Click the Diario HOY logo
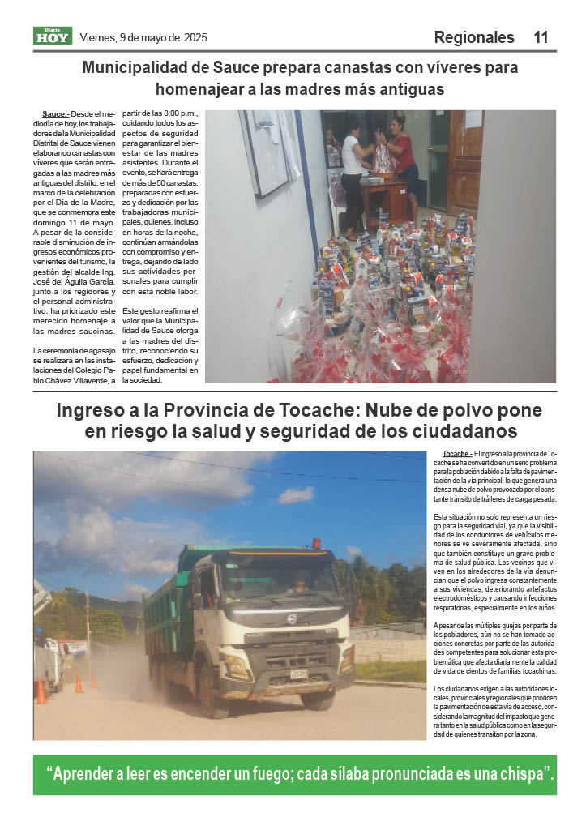(x=52, y=36)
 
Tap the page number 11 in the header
(x=541, y=37)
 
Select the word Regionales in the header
(x=474, y=37)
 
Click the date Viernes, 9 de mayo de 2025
(x=143, y=37)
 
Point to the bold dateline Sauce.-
(x=56, y=113)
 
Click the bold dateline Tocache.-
(x=458, y=453)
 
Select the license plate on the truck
(x=299, y=674)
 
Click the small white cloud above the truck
(x=297, y=494)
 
